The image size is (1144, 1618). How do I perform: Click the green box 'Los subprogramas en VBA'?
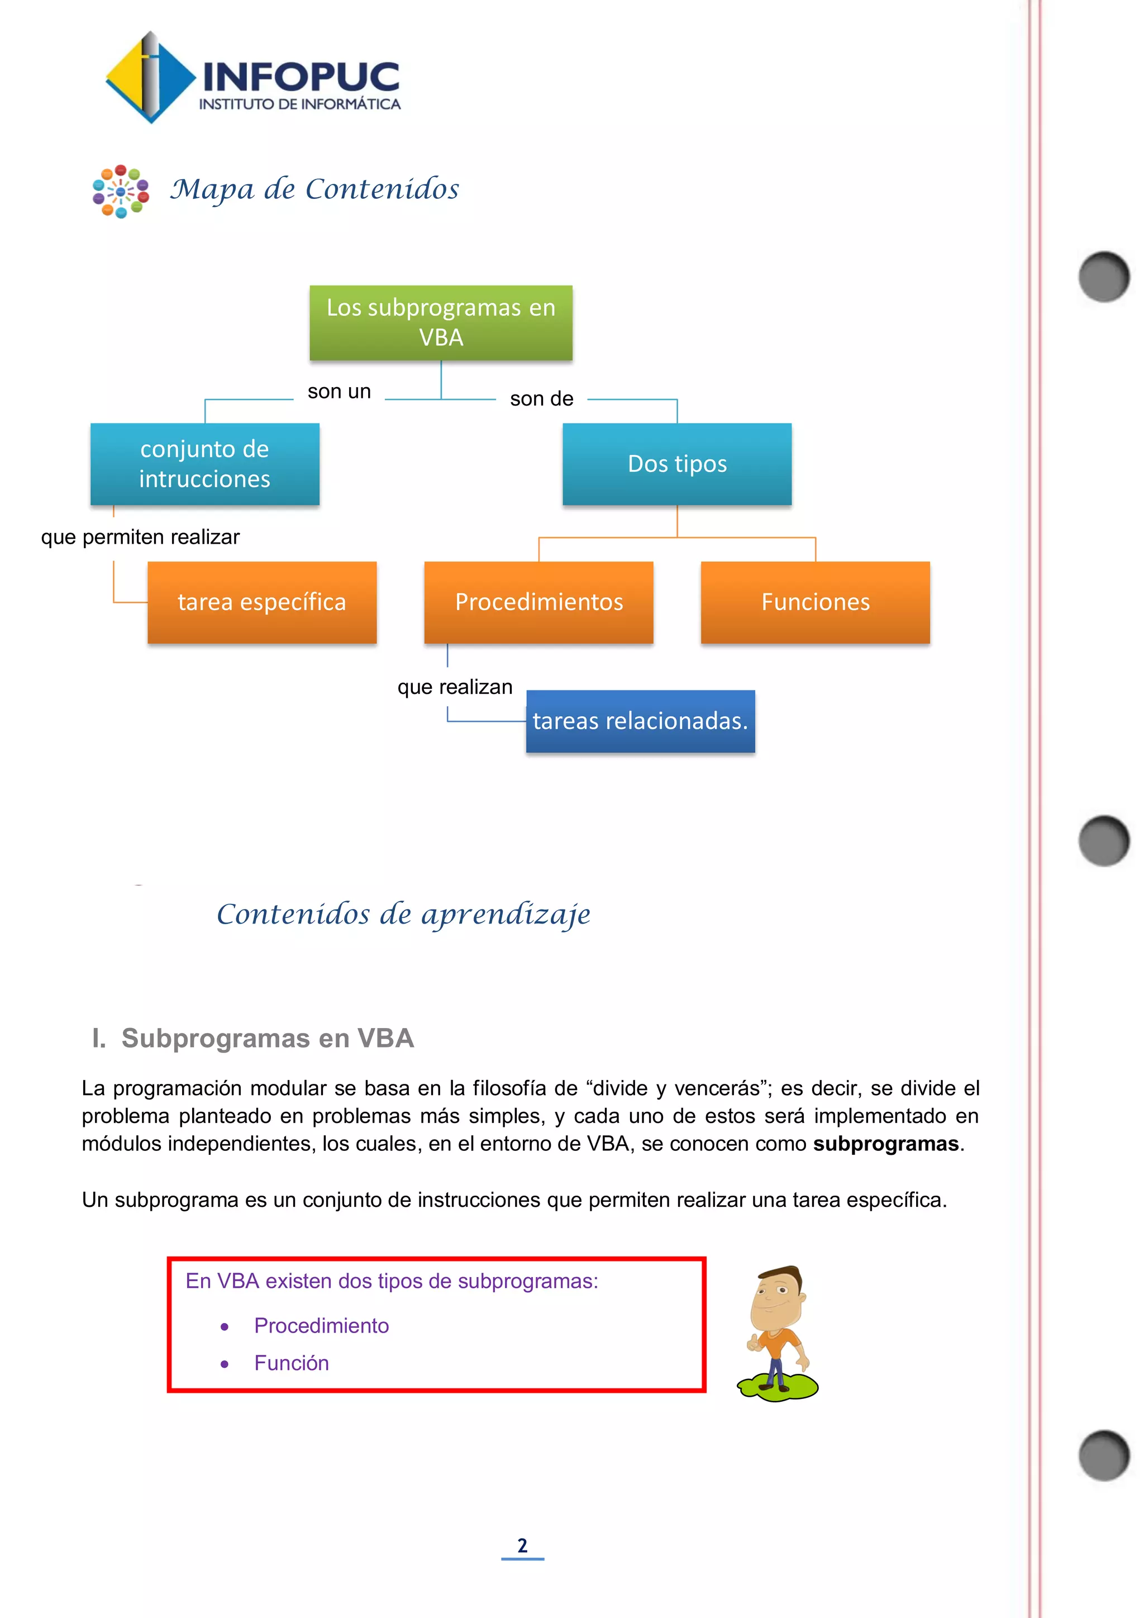coord(441,323)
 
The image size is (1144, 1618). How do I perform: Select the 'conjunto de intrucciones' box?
coord(204,464)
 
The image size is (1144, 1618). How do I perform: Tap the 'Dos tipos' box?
coord(676,464)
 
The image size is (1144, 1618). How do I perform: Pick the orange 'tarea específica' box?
coord(261,602)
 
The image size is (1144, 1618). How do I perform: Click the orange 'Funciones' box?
coord(815,602)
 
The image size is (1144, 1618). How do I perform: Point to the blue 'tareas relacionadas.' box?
coord(640,721)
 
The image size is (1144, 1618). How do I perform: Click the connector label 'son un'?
coord(339,392)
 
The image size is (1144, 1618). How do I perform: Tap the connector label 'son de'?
coord(541,399)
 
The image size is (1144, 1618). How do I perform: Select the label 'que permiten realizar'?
coord(140,537)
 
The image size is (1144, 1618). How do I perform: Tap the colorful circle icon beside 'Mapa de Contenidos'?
coord(121,191)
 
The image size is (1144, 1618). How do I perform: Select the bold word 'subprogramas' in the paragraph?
coord(885,1143)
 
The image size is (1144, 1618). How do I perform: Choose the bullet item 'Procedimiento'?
coord(321,1326)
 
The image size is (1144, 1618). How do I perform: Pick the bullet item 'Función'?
coord(291,1363)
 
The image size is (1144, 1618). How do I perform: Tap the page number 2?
coord(522,1545)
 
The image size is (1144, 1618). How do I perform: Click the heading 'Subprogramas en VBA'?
coord(267,1038)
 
